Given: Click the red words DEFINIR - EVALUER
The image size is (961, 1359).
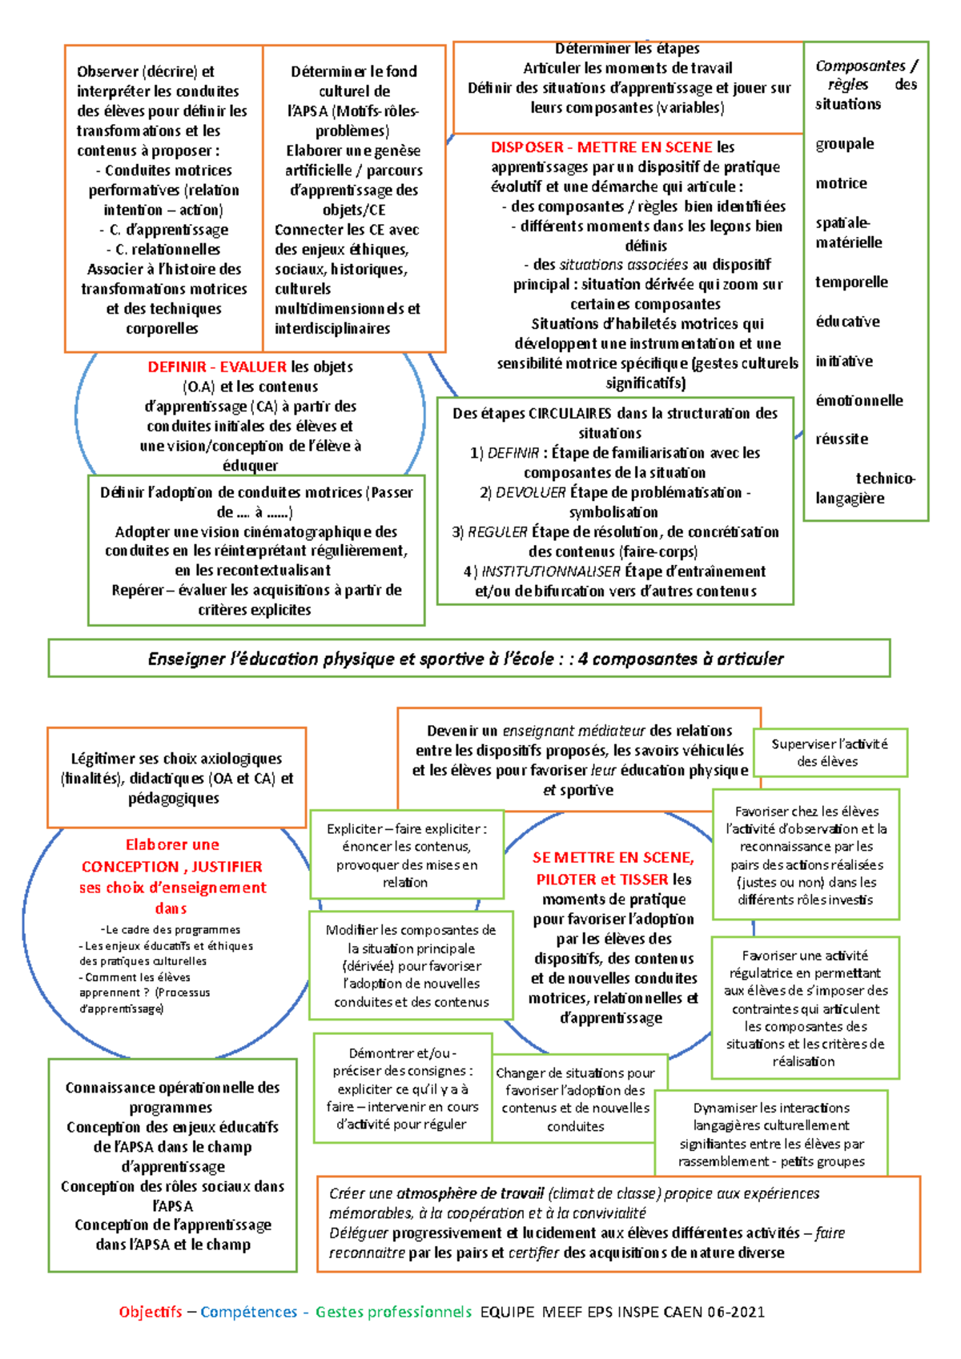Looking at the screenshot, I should point(216,367).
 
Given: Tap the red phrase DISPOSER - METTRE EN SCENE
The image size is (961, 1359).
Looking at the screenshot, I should point(601,147).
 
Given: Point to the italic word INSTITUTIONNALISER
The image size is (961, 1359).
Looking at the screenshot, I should point(551,571).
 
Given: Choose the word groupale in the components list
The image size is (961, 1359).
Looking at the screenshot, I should point(844,144).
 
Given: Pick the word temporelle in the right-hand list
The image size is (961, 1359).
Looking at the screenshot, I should point(851,283).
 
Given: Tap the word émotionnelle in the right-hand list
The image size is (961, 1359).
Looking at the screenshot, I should point(858,401).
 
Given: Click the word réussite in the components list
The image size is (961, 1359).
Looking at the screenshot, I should point(842,439).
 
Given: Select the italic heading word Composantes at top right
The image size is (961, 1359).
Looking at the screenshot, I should point(860,66).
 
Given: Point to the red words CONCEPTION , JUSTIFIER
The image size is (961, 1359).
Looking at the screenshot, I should point(171,867).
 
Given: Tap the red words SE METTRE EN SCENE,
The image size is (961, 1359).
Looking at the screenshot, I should point(613,858).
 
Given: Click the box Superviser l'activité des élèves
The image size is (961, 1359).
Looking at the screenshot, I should point(829,753).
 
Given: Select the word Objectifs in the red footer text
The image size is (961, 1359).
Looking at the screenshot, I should point(151,1312).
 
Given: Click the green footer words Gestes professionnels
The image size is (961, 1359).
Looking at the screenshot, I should point(392,1312).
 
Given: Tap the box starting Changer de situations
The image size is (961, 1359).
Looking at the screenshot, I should point(575,1099).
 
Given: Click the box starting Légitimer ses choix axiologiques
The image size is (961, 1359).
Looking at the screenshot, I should point(176,778).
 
